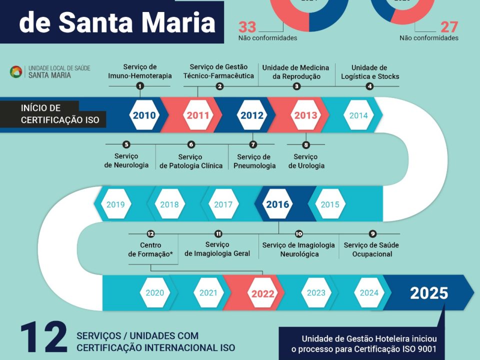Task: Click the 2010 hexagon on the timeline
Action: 144,115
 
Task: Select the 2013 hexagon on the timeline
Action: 305,115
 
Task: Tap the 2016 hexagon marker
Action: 277,204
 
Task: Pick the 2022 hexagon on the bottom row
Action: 262,293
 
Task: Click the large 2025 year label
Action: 429,293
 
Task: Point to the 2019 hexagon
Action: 115,204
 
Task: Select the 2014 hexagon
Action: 358,115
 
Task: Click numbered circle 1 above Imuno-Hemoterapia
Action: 140,86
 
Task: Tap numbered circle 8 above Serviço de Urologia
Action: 306,145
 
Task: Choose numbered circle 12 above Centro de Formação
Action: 150,233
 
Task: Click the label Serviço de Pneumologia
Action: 254,161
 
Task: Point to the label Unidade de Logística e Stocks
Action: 369,72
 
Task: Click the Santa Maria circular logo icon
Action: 16,72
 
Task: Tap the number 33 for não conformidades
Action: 247,27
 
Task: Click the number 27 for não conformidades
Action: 449,27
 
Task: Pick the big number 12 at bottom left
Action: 44,338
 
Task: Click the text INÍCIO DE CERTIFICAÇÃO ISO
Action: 60,114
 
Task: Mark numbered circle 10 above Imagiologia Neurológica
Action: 298,233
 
